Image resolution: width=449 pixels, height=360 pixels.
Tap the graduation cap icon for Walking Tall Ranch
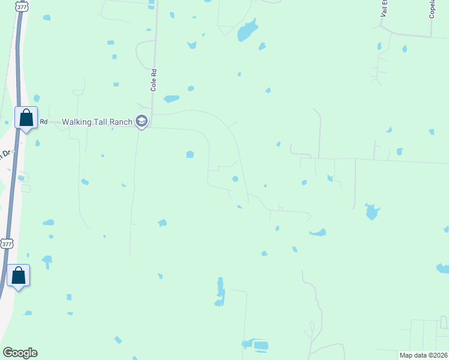(142, 121)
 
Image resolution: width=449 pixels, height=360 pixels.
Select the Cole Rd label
(154, 80)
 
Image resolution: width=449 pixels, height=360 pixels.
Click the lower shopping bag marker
(19, 275)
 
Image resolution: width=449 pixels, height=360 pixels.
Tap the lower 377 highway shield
(7, 244)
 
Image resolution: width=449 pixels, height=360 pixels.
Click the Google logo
(20, 353)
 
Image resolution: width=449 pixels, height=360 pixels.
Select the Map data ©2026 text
(423, 355)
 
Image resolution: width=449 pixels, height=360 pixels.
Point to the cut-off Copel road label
(432, 9)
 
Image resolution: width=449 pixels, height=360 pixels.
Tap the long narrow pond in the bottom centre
(220, 292)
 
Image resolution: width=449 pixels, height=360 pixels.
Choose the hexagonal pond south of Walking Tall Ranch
(190, 154)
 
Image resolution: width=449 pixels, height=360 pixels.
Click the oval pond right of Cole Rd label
(172, 98)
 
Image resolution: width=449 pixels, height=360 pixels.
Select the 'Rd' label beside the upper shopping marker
(43, 122)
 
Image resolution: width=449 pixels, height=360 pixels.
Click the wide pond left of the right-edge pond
(318, 232)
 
